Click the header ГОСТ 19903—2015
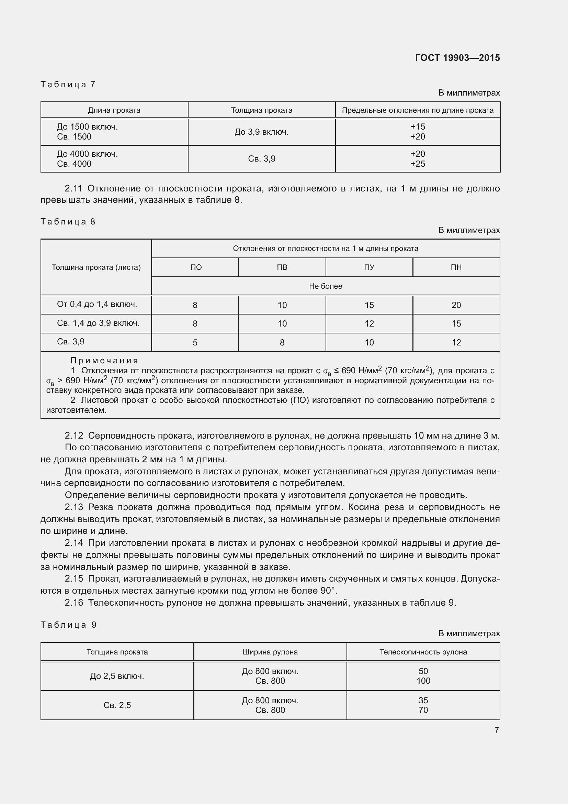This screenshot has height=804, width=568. [457, 58]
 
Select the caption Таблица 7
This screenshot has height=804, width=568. [68, 85]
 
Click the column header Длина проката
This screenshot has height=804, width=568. [114, 110]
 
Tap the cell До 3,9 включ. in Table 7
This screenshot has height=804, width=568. [261, 132]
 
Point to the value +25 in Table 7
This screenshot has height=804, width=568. [418, 164]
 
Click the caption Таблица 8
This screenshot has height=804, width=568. [68, 222]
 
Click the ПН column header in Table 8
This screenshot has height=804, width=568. [456, 267]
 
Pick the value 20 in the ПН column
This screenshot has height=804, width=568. [456, 305]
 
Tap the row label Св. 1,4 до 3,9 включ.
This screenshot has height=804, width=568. [98, 323]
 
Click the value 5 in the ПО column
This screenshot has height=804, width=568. [195, 342]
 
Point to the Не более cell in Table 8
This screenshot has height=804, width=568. [325, 286]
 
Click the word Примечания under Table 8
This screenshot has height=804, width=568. [104, 360]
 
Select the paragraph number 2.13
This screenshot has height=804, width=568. [74, 507]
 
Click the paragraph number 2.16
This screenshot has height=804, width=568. [74, 603]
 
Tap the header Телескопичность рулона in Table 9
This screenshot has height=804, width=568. [423, 652]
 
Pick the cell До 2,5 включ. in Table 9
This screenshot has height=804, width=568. [117, 676]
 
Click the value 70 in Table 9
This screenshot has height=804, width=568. [423, 710]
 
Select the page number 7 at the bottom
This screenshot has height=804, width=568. [496, 730]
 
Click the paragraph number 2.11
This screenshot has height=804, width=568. [73, 188]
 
